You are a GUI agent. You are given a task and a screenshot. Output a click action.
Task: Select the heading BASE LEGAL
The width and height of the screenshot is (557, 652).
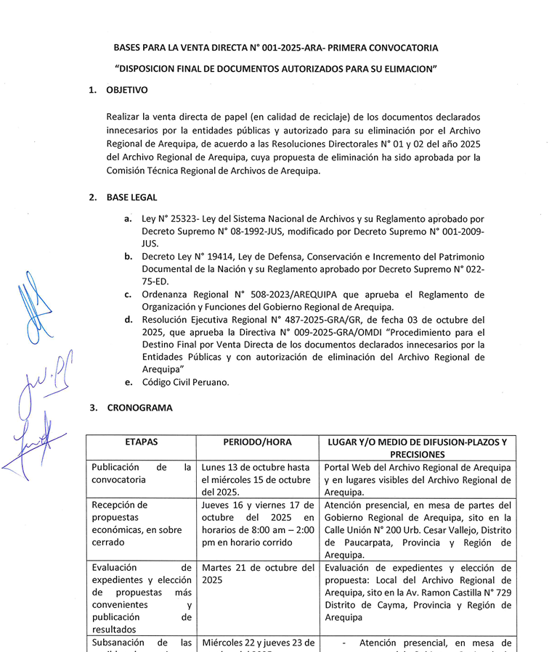click(x=131, y=197)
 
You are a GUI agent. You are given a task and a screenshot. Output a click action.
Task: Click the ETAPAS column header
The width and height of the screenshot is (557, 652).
click(x=141, y=442)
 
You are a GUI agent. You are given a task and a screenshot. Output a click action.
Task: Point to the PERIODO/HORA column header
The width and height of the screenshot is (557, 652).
click(x=258, y=442)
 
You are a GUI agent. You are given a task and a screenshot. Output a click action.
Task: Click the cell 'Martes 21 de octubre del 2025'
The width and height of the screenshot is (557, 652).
click(x=258, y=574)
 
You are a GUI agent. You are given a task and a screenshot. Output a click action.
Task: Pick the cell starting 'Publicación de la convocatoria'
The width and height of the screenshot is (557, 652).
click(x=141, y=473)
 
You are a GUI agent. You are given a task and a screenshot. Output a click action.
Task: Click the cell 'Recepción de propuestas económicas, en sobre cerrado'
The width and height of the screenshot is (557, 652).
click(x=141, y=524)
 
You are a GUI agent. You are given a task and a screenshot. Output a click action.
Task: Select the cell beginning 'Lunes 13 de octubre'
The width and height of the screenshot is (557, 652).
click(x=258, y=479)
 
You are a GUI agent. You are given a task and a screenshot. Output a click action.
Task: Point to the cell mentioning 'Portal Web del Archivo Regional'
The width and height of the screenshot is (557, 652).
click(x=418, y=479)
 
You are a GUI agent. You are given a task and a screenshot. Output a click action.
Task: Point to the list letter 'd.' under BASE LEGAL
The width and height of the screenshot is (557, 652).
click(x=128, y=319)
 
